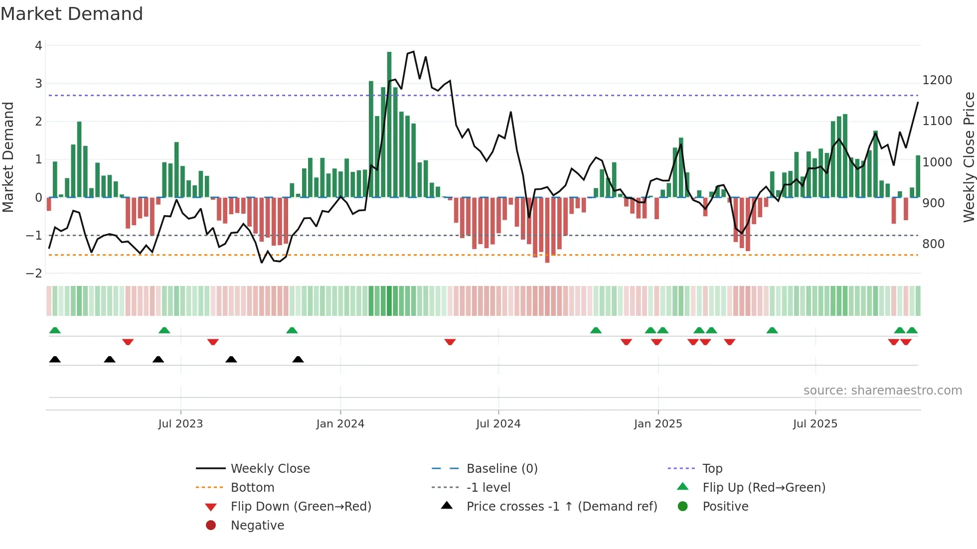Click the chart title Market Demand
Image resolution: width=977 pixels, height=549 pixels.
click(72, 14)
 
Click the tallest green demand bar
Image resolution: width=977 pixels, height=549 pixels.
click(389, 125)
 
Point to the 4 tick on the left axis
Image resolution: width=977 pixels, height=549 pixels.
click(38, 46)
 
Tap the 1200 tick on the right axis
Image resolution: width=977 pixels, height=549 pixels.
click(937, 80)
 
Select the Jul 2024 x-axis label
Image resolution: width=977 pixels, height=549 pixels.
click(498, 424)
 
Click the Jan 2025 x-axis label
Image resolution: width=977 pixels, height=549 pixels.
click(657, 424)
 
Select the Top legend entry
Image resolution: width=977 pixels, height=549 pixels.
click(712, 469)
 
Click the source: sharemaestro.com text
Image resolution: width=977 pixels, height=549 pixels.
click(882, 391)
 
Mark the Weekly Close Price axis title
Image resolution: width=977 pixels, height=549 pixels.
click(969, 157)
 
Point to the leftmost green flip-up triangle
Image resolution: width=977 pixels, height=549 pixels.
click(55, 330)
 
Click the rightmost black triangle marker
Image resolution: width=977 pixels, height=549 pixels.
click(298, 360)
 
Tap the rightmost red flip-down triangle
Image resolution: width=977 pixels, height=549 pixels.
click(906, 342)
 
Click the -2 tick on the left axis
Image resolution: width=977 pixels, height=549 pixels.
click(34, 274)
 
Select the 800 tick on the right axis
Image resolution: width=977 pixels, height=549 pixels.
click(933, 244)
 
